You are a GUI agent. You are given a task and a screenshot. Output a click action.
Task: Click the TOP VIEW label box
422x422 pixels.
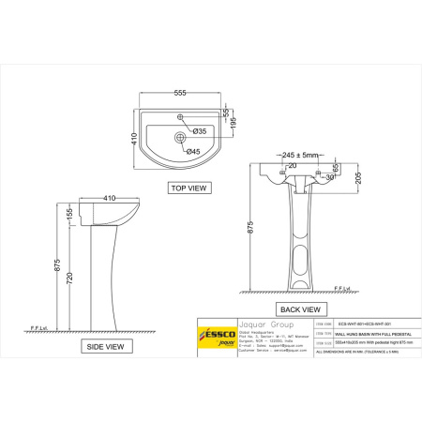(x=187, y=188)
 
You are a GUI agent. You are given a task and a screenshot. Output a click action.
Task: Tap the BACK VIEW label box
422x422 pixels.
(x=301, y=309)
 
